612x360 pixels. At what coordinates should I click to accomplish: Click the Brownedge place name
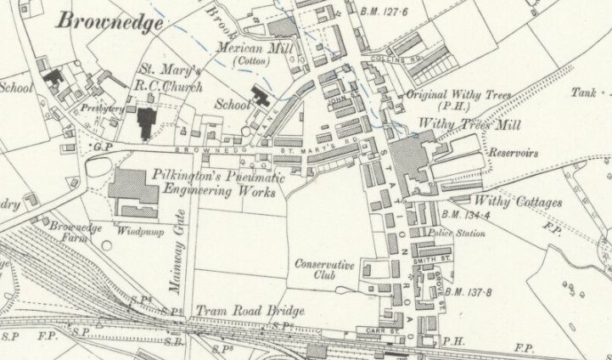(109, 22)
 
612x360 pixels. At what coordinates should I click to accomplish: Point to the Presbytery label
(104, 109)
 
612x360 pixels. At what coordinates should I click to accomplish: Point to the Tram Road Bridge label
(250, 311)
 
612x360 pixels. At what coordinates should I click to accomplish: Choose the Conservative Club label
(323, 271)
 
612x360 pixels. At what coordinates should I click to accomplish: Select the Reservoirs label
(514, 154)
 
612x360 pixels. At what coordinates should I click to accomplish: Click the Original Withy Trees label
(458, 96)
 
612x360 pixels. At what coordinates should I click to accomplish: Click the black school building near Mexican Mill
(260, 97)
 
